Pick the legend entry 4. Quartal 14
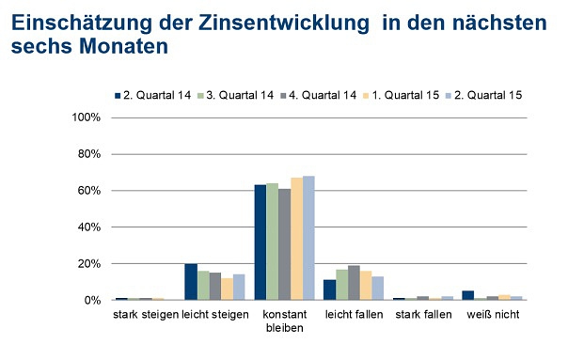pos(322,95)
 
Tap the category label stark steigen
pos(145,314)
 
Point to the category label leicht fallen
pos(354,314)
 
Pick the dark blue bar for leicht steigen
pos(191,282)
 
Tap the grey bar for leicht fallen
pos(354,283)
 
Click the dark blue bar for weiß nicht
pos(467,295)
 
